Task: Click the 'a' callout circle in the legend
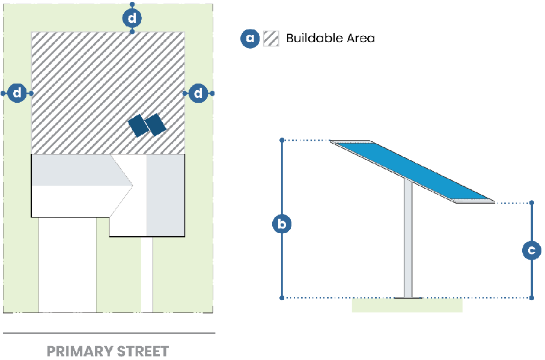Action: click(x=250, y=38)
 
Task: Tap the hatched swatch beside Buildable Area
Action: click(x=271, y=38)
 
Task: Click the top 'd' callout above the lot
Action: click(x=132, y=19)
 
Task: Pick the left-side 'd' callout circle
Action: click(x=18, y=93)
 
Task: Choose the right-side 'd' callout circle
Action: click(x=198, y=93)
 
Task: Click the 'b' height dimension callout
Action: click(x=282, y=225)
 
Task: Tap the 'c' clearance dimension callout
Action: click(x=532, y=250)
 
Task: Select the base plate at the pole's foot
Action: click(x=408, y=296)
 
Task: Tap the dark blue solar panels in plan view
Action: click(x=147, y=125)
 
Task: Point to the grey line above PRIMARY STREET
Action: click(x=108, y=333)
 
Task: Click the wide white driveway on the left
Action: click(x=67, y=264)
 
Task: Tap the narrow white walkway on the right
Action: click(x=147, y=274)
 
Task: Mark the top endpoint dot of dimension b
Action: click(x=282, y=141)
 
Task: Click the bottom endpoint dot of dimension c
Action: click(x=532, y=297)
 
